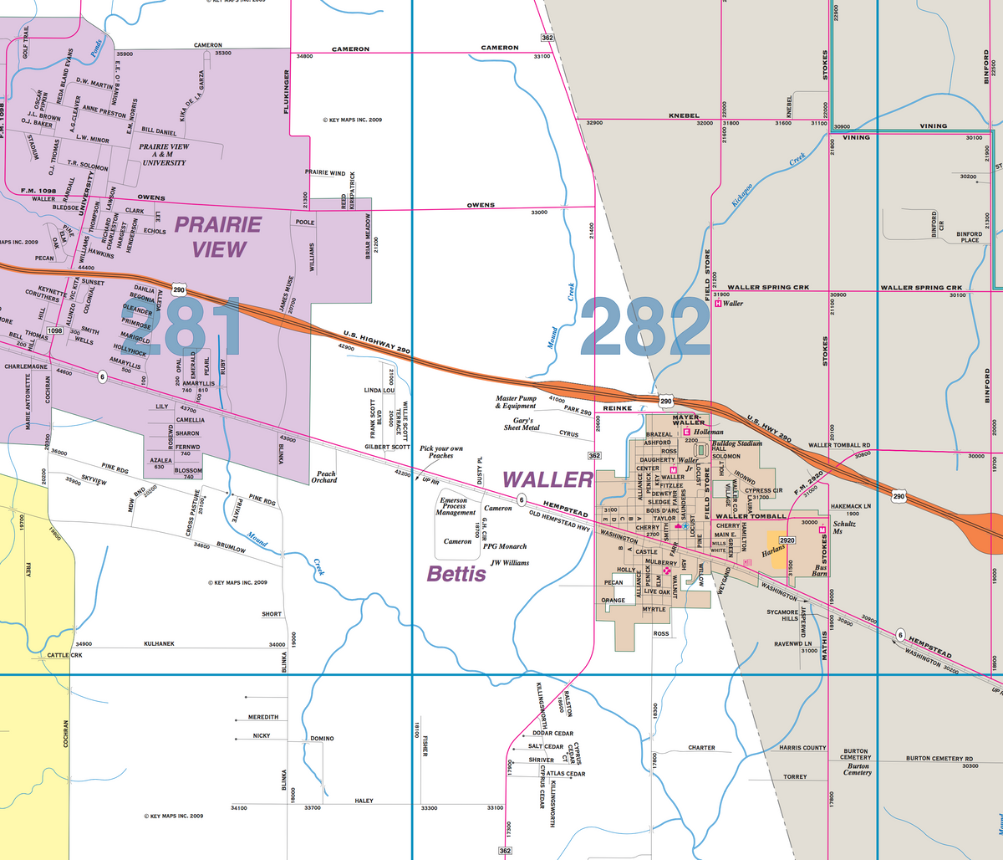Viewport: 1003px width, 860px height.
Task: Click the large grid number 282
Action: tap(645, 326)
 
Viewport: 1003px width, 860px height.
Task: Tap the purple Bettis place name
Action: tap(456, 574)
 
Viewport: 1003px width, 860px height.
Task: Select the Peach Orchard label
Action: tap(324, 477)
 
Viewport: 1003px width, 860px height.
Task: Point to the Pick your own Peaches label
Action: tap(441, 452)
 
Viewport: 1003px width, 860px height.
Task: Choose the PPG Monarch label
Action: tap(505, 546)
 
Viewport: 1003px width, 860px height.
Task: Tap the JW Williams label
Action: tap(510, 563)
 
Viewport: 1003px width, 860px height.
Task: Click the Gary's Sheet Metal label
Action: tap(522, 423)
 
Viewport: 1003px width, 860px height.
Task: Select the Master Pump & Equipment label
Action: tap(516, 402)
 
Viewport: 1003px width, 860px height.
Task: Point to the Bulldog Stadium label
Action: tap(736, 443)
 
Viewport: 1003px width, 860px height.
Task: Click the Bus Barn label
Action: tap(820, 570)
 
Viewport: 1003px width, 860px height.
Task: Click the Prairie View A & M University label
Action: tap(164, 154)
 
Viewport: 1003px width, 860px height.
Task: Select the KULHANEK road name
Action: tap(159, 643)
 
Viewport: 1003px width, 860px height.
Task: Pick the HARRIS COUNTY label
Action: tap(802, 747)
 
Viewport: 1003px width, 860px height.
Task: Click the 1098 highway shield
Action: tap(55, 330)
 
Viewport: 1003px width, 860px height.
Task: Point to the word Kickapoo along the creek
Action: tap(741, 194)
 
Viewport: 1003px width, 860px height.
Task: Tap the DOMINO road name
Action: tap(322, 739)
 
